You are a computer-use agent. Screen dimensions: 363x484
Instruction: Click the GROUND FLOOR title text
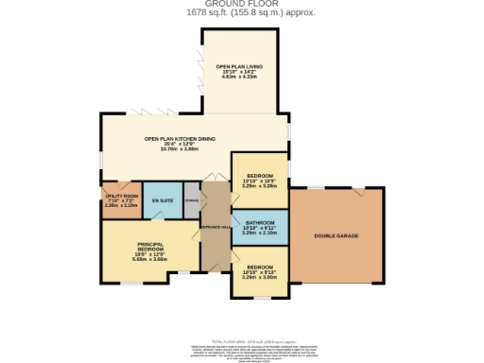point(241,5)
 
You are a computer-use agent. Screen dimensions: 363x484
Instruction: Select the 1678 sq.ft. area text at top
point(241,13)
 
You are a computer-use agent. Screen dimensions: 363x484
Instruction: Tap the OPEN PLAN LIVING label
point(238,66)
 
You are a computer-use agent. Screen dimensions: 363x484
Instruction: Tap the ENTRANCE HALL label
point(215,227)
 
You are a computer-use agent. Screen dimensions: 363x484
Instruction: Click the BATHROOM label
point(259,223)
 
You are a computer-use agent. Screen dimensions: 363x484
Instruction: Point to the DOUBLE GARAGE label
point(337,235)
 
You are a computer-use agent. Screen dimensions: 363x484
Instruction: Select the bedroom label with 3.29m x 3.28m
point(259,177)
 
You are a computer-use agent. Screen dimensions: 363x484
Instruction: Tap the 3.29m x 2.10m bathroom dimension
point(259,233)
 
